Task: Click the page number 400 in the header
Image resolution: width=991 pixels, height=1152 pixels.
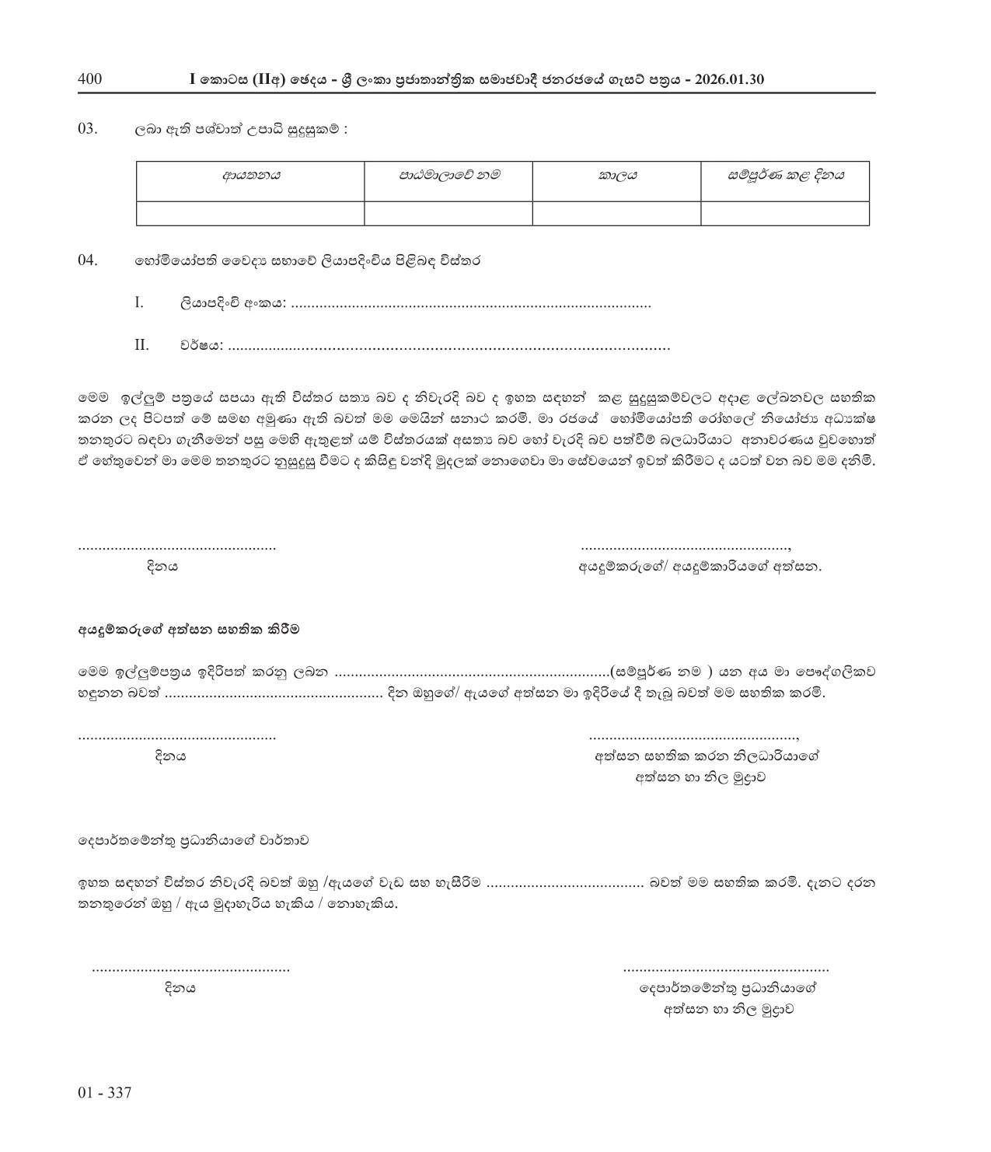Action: tap(90, 79)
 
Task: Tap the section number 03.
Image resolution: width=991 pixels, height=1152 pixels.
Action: tap(87, 129)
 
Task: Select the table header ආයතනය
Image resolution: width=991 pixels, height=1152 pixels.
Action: tap(250, 176)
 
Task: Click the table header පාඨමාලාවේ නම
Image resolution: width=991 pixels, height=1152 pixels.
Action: tap(448, 176)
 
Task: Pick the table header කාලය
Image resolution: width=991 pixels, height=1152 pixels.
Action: tap(617, 176)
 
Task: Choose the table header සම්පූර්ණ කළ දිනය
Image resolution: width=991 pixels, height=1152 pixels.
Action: tap(785, 176)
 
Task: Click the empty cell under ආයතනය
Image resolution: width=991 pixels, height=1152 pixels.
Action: tap(250, 213)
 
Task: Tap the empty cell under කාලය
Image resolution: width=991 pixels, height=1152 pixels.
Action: tap(617, 213)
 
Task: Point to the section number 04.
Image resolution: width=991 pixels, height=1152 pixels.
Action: tap(87, 260)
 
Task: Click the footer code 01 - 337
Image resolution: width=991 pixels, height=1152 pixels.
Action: tap(105, 1093)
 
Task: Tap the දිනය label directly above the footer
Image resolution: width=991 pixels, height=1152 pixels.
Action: tap(180, 988)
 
